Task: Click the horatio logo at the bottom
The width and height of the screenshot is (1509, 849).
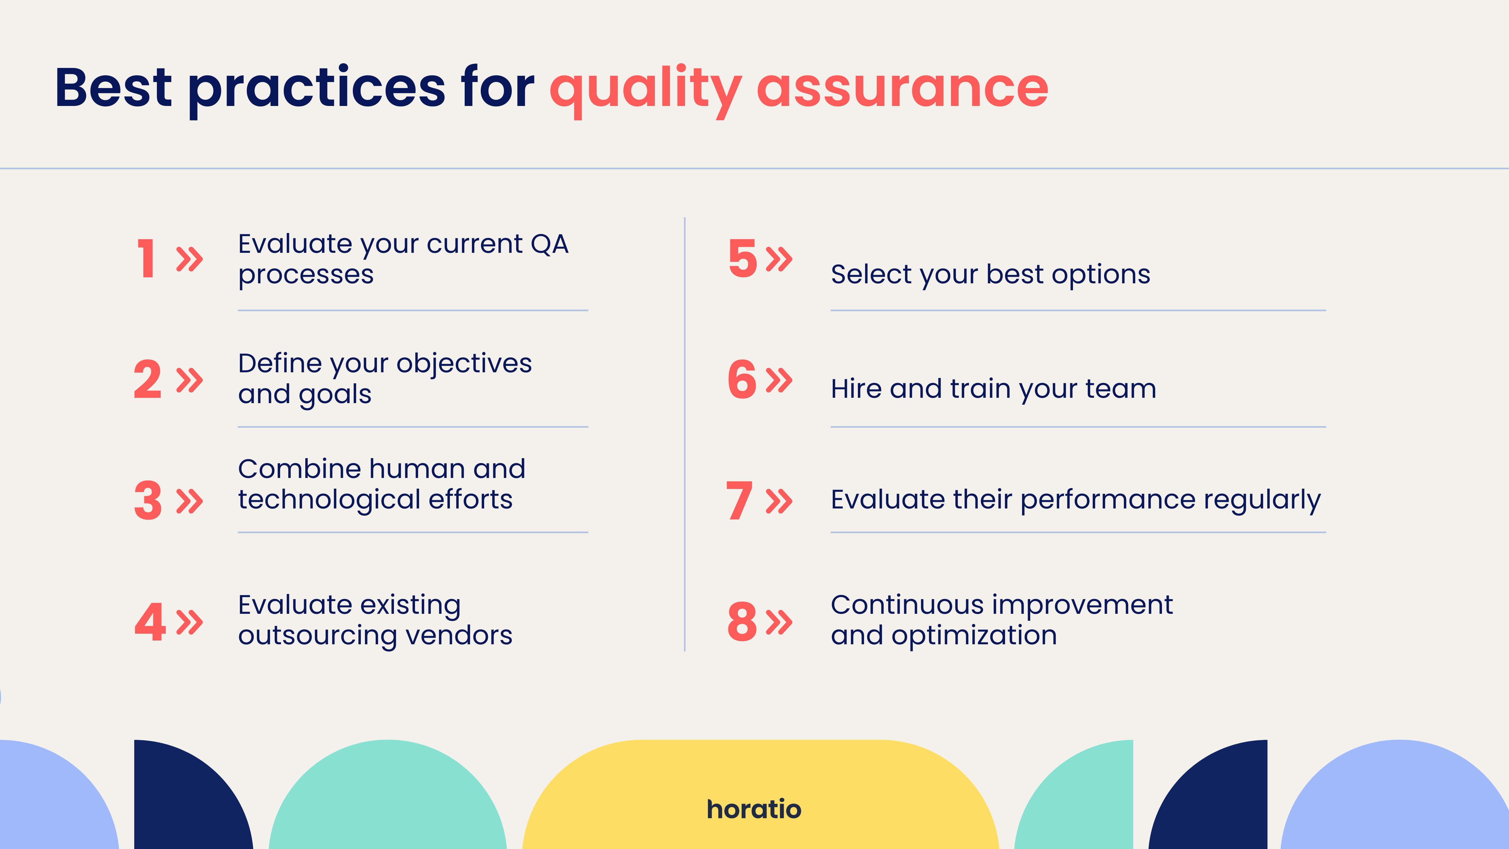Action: tap(754, 809)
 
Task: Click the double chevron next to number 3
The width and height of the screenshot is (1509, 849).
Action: tap(190, 501)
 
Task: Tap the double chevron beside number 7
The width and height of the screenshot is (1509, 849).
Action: tap(779, 501)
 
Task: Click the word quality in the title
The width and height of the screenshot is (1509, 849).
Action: tap(645, 91)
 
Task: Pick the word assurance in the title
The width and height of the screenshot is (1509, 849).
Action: tap(903, 88)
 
